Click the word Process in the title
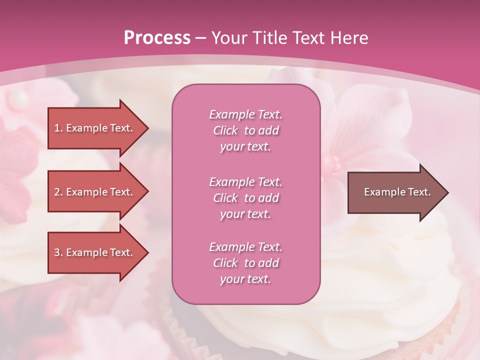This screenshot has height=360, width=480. coord(157,38)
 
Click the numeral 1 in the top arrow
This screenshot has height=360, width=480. coord(57,128)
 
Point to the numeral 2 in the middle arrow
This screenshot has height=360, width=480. coord(57,192)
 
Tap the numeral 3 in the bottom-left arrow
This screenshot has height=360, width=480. coord(57,252)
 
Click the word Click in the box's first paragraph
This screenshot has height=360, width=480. coord(225,130)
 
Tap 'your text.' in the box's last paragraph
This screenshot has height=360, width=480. coord(245,279)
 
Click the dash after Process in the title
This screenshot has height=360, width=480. coord(201,38)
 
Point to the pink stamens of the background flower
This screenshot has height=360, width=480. coord(331,163)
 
